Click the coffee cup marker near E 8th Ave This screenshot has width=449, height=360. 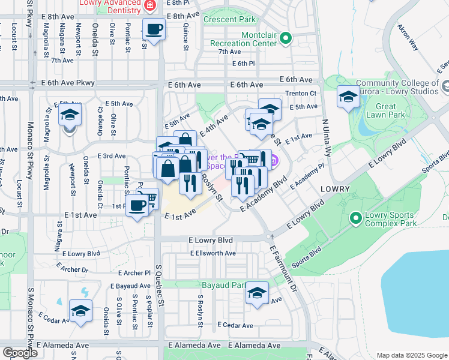(x=154, y=29)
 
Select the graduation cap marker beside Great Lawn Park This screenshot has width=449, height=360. (x=349, y=97)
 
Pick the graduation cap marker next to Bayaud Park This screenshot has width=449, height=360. (x=258, y=293)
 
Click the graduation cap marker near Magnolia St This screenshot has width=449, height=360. (x=70, y=114)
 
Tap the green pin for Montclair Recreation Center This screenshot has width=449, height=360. (x=286, y=40)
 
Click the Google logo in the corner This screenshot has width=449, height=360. (x=20, y=353)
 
